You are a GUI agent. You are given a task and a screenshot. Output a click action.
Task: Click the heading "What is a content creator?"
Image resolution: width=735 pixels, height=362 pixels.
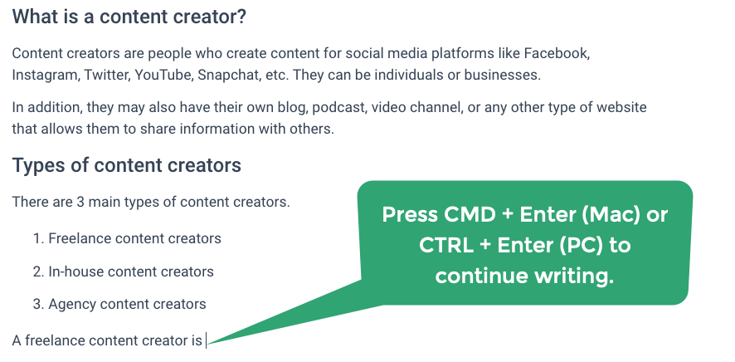coord(129,17)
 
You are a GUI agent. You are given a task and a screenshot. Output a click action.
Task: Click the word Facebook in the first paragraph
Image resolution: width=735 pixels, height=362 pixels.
coord(557,53)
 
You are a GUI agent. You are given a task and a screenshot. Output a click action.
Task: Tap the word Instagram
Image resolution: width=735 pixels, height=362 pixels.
coord(46,75)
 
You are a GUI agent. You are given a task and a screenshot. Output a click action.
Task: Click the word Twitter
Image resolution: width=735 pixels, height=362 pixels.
coord(107,75)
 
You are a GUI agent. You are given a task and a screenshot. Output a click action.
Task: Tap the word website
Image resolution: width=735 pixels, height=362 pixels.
coord(621,107)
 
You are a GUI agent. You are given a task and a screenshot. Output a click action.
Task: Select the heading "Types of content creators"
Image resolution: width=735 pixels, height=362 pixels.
coord(127,165)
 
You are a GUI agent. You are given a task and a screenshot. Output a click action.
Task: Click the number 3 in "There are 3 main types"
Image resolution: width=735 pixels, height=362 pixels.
coord(80,202)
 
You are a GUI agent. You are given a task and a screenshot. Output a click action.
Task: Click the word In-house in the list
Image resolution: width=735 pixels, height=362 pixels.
coord(72,271)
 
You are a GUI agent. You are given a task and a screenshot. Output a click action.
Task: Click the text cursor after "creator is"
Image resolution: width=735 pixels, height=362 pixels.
coord(206,340)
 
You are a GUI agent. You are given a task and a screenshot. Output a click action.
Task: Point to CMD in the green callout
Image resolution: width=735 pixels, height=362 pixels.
coord(470,215)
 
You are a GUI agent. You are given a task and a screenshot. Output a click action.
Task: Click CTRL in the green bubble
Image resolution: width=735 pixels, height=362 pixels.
coord(446,245)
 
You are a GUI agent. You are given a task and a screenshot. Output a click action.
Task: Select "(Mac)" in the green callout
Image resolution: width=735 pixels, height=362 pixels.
coord(611,215)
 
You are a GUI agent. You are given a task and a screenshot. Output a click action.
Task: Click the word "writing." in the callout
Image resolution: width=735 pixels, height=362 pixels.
coord(575,276)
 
